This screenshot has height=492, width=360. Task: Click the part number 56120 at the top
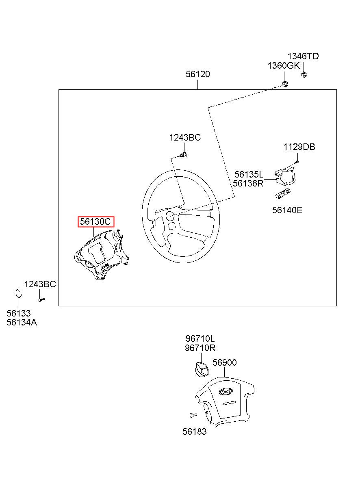pos(198,74)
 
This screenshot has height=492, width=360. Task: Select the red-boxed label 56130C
pos(96,222)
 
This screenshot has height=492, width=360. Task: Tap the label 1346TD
pos(303,56)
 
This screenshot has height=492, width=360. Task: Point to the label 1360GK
pos(283,66)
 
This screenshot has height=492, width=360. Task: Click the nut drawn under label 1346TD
pos(304,74)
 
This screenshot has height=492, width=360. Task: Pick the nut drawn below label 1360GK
pos(285,84)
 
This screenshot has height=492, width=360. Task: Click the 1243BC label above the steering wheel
pos(185,138)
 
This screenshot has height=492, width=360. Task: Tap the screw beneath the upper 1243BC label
pos(184,154)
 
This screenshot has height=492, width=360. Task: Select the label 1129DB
pos(299,147)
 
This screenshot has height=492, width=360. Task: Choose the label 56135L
pos(249,175)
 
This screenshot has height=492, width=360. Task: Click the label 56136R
pos(248,183)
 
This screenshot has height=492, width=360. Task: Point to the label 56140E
pos(287,210)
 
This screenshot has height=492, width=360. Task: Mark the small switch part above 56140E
pos(284,194)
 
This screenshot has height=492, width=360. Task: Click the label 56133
pos(19,314)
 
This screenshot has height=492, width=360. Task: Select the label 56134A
pos(22,323)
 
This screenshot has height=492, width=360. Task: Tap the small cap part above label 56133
pos(19,293)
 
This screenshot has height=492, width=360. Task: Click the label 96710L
pos(200,339)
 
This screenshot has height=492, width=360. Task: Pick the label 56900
pos(225,362)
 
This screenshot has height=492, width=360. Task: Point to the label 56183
pos(194,432)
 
